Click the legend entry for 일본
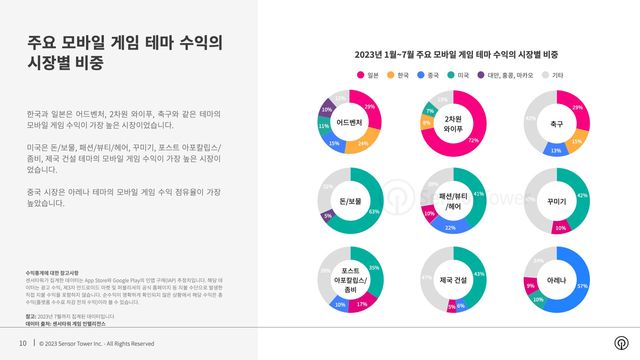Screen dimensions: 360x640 [367, 74]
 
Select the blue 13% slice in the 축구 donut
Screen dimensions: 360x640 [556, 149]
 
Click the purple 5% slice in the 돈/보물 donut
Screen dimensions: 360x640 [327, 215]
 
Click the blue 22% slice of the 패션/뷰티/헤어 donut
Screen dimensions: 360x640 [451, 226]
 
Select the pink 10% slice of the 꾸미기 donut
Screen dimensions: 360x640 [561, 226]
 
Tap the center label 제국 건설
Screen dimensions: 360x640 [452, 279]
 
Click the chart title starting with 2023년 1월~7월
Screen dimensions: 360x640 [455, 54]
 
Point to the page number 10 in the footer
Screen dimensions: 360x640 [22, 344]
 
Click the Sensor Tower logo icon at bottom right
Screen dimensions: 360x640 [620, 343]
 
